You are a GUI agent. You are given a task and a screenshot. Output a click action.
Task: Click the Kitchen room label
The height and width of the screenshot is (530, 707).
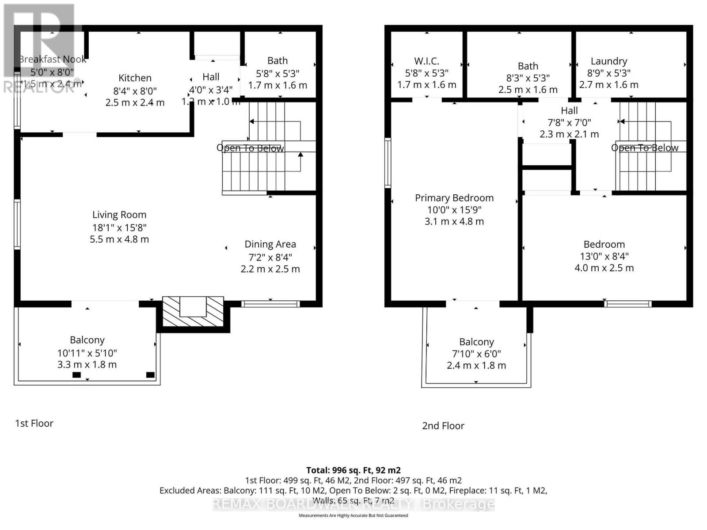click(x=135, y=78)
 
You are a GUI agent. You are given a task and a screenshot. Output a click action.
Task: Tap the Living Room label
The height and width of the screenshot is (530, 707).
click(x=119, y=215)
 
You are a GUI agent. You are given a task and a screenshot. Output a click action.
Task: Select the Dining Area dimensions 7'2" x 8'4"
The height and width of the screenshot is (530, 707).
click(x=270, y=257)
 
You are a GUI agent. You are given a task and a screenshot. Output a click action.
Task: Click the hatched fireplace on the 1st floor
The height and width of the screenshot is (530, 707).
click(x=193, y=312)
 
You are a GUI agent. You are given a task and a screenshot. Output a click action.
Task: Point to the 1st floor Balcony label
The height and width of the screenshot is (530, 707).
click(x=87, y=340)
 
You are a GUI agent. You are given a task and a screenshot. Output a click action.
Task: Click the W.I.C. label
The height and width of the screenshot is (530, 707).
click(x=426, y=61)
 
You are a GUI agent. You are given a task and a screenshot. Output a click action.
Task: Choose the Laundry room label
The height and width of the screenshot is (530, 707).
click(x=608, y=61)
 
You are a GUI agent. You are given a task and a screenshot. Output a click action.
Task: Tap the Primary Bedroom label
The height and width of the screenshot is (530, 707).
click(x=454, y=198)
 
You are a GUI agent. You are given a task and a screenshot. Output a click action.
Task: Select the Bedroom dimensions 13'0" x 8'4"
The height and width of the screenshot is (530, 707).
click(x=604, y=256)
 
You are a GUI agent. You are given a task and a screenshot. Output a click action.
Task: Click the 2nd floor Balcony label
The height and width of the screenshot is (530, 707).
click(x=476, y=342)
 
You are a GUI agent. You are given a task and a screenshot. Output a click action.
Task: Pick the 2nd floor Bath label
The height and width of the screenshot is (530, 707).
click(x=528, y=66)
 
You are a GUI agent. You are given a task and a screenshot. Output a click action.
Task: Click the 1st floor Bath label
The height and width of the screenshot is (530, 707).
click(x=277, y=61)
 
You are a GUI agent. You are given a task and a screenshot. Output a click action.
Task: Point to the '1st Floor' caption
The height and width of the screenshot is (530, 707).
click(x=34, y=424)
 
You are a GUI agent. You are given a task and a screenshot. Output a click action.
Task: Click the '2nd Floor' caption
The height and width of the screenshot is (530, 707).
click(x=443, y=426)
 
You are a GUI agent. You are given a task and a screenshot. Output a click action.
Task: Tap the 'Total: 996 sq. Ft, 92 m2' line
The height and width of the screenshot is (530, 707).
click(x=353, y=470)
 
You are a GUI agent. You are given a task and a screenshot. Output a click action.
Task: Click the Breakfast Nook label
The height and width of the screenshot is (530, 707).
click(x=53, y=59)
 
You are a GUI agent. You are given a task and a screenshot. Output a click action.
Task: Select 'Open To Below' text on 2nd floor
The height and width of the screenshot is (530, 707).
click(x=644, y=148)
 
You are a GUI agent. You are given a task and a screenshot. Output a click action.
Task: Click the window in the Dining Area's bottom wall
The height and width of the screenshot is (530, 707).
click(x=270, y=304)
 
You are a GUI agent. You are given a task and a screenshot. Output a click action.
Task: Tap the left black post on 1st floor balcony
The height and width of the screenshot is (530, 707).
click(x=76, y=375)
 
